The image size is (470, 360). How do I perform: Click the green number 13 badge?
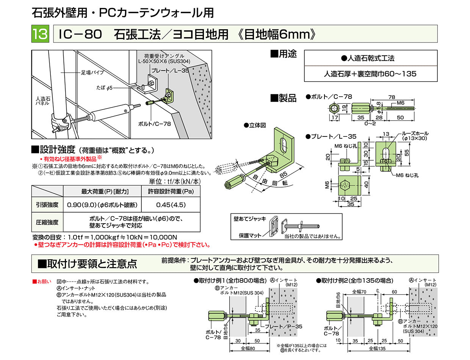click(x=40, y=34)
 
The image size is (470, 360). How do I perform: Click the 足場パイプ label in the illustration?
click(x=89, y=72)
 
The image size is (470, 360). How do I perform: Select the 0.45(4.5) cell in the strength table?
click(x=171, y=205)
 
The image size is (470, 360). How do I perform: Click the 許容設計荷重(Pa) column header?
click(x=171, y=192)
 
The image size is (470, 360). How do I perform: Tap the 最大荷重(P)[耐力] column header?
click(x=103, y=192)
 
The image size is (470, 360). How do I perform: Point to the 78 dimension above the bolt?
click(x=392, y=97)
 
